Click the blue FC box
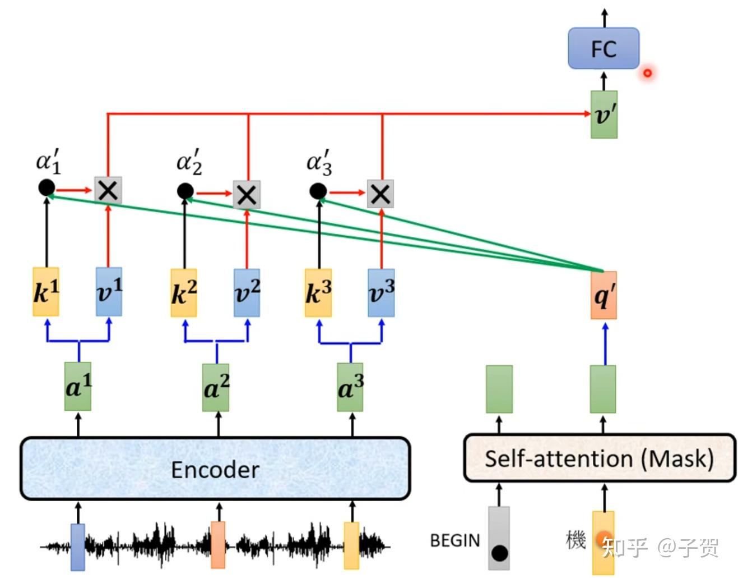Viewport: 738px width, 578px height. click(x=603, y=49)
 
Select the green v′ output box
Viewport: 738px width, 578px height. click(x=604, y=114)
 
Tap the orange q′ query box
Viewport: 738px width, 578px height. click(x=604, y=295)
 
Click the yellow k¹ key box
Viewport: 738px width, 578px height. click(x=46, y=291)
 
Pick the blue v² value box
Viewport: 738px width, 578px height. click(x=247, y=292)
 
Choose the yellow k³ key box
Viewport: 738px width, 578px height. click(x=318, y=292)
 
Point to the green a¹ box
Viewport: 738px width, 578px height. click(x=78, y=387)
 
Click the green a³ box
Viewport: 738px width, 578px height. click(x=350, y=387)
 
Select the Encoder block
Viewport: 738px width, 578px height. click(x=215, y=469)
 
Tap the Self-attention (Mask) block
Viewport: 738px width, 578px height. click(x=599, y=458)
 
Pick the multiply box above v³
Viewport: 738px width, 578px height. click(x=380, y=194)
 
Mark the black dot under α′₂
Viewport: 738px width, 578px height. click(x=185, y=191)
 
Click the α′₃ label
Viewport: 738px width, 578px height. click(x=319, y=163)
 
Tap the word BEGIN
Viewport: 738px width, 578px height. click(x=455, y=540)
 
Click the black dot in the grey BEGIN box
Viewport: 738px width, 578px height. click(x=499, y=553)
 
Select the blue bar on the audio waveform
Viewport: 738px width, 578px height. click(x=78, y=546)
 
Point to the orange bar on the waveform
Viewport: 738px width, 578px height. click(x=218, y=544)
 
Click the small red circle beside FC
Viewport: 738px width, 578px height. click(x=647, y=73)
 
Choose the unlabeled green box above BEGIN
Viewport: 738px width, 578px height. click(x=499, y=388)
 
